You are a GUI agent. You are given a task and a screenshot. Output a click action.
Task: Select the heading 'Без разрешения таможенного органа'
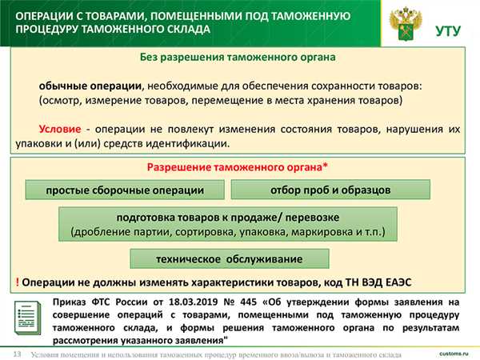[x=237, y=58]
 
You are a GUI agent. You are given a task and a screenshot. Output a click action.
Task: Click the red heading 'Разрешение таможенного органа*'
[x=237, y=168]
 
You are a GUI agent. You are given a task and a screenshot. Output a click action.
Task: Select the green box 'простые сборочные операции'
[x=124, y=190]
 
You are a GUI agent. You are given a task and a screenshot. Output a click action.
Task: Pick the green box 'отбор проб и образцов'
[x=330, y=190]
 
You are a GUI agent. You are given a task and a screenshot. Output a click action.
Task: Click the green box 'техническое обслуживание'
[x=229, y=259]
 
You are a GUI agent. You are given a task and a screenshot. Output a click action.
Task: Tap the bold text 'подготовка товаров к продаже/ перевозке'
[x=228, y=218]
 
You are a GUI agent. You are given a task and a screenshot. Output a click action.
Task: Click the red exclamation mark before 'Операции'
[x=17, y=282]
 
